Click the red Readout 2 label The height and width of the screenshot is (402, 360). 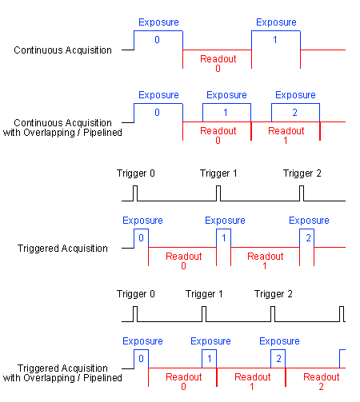[x=322, y=381]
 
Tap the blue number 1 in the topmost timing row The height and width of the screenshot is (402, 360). [x=275, y=40]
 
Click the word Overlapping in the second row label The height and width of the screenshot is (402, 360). [x=49, y=133]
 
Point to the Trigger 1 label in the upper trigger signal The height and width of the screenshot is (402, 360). [x=218, y=173]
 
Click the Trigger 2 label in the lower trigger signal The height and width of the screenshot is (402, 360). [x=274, y=294]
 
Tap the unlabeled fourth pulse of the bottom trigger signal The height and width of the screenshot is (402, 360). [x=342, y=314]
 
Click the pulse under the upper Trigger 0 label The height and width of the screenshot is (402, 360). [x=135, y=193]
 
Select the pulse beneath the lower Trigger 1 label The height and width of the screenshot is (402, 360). [x=204, y=314]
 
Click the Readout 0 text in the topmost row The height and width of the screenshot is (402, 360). [x=218, y=63]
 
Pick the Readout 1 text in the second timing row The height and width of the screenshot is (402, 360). [x=286, y=135]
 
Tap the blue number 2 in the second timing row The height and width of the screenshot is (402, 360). [x=294, y=113]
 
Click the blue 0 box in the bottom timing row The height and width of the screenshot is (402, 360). [x=141, y=359]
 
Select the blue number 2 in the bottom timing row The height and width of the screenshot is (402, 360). [x=278, y=359]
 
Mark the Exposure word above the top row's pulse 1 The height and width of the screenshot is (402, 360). [x=276, y=22]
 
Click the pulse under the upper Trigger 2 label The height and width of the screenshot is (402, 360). [x=302, y=193]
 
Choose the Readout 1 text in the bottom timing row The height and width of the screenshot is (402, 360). [x=253, y=381]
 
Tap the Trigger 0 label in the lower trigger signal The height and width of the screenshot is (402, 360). [x=136, y=294]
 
